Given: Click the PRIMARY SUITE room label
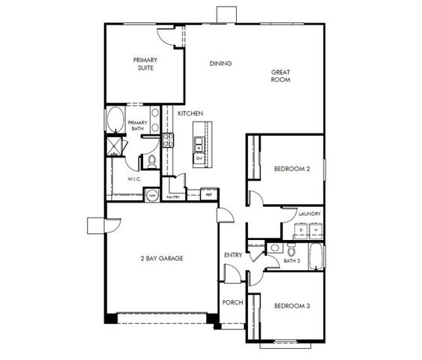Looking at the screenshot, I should pos(145,64).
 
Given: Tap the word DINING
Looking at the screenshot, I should pos(220,64).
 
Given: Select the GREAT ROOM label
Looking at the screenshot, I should pos(280,76).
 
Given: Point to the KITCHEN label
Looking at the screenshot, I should pos(190,113).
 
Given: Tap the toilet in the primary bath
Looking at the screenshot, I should pos(150,160).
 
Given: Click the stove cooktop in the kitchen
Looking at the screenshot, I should pos(168,139).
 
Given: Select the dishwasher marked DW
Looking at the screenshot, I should pos(199,159).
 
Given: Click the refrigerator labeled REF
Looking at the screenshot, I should pos(210,193).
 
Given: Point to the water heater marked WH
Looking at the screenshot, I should pos(151,194).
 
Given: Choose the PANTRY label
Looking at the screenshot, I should pos(173,197).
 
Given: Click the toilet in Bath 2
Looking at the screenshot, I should pos(276,247).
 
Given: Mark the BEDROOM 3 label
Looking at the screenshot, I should pos(292,306).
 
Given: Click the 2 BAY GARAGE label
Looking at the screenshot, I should pos(161,258).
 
